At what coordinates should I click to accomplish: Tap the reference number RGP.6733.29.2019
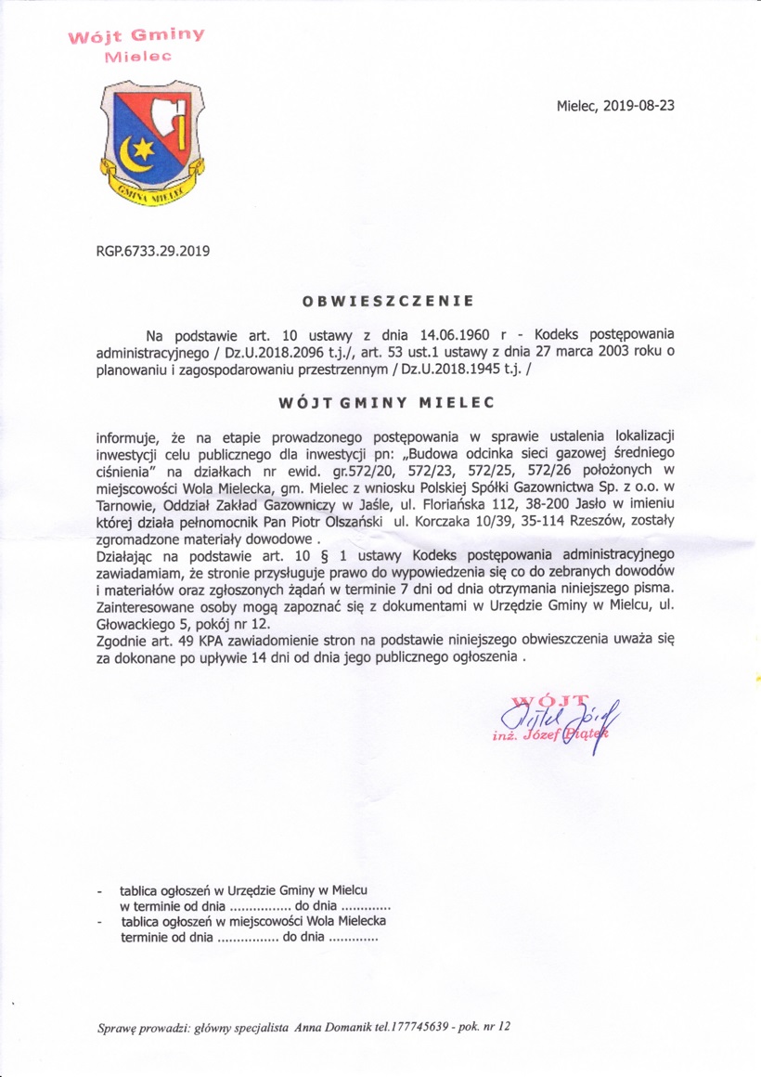[x=153, y=249]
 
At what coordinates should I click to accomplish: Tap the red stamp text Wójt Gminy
[x=135, y=37]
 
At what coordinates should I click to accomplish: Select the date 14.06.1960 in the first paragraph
[x=453, y=334]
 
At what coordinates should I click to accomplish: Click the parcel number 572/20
[x=391, y=473]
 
